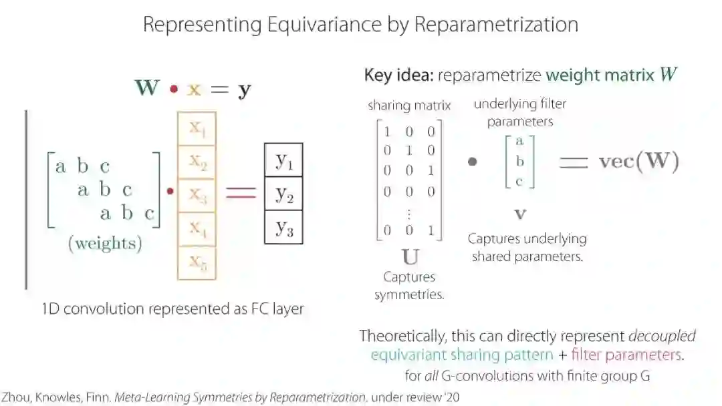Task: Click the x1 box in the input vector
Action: point(197,128)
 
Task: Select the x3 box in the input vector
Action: point(197,195)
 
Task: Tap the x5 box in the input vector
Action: point(197,262)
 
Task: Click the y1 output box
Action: point(283,160)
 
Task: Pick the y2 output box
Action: point(283,194)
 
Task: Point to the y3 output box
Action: point(283,227)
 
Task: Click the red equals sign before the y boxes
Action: point(241,192)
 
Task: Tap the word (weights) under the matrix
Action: point(105,244)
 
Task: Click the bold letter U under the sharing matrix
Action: point(409,256)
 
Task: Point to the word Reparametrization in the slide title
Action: point(496,25)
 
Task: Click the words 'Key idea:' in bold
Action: point(398,75)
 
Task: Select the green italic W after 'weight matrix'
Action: point(667,74)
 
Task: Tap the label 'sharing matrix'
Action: point(409,106)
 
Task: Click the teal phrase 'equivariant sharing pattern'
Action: point(462,355)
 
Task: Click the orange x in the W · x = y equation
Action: point(194,89)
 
